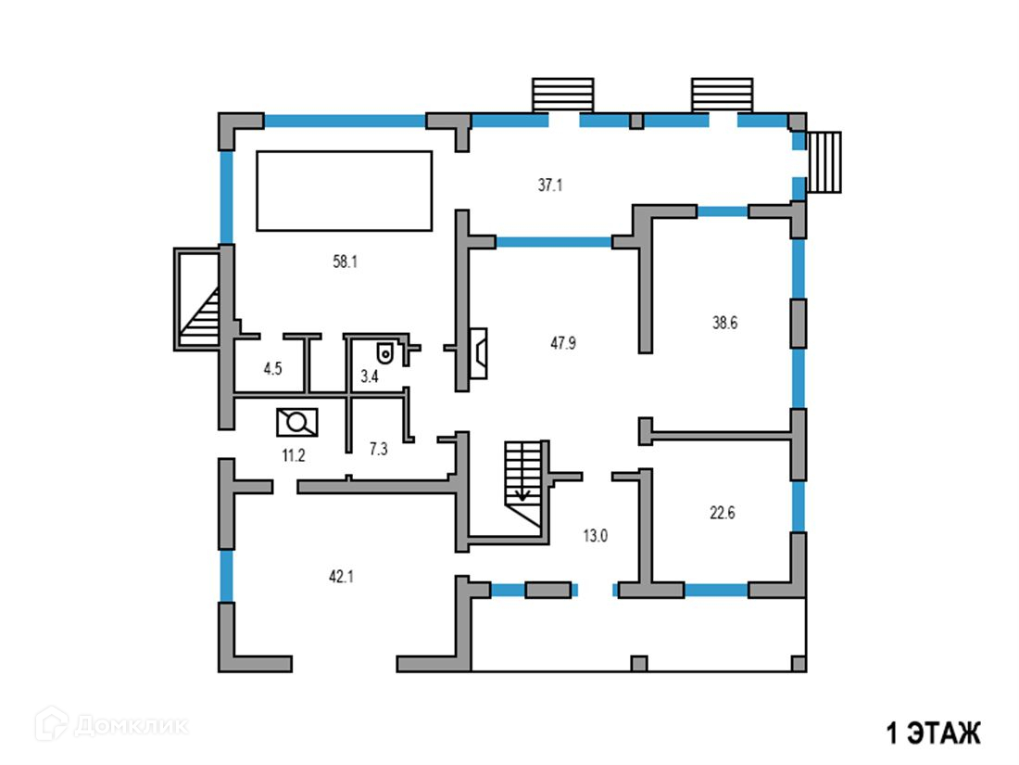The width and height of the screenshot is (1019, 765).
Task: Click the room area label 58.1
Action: tap(345, 262)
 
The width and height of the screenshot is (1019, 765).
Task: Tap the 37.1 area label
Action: tap(550, 185)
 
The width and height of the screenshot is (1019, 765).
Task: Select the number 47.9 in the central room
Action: tap(563, 343)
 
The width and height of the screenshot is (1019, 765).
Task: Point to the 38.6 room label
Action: tap(724, 324)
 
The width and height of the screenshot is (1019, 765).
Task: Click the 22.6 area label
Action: tap(722, 513)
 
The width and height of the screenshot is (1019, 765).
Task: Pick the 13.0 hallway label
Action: tap(595, 535)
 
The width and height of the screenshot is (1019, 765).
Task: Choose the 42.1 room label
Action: tap(341, 576)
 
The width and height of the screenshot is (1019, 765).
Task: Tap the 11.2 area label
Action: tap(294, 454)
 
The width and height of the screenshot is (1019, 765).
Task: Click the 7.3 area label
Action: tap(378, 449)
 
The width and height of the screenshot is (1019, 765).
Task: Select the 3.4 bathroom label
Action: tap(369, 376)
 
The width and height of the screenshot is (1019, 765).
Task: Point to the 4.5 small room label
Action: tap(272, 369)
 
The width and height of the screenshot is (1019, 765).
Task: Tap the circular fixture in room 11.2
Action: tap(297, 422)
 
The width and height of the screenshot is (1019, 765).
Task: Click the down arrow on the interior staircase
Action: tap(522, 493)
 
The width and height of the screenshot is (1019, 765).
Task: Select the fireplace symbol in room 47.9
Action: tap(479, 353)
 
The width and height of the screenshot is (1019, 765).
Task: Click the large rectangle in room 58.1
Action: tap(344, 190)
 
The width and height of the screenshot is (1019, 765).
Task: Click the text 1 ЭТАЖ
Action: tap(933, 733)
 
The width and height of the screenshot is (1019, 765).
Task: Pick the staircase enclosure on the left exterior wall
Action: tap(197, 299)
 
